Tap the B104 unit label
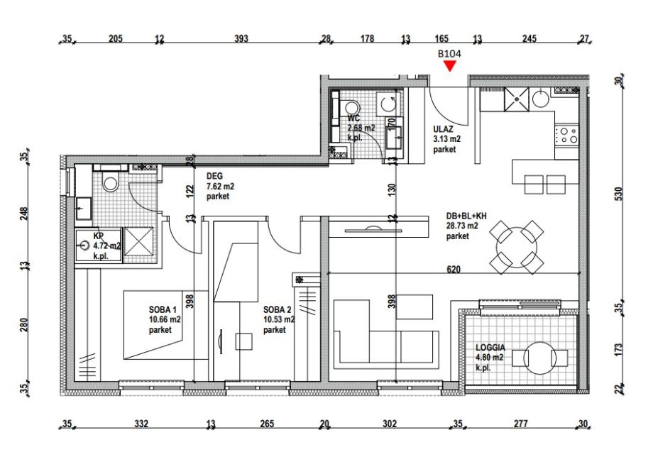click(x=449, y=54)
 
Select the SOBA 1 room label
click(x=163, y=309)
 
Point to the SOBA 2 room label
click(x=278, y=309)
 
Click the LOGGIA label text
click(x=490, y=348)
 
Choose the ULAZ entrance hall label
click(x=443, y=129)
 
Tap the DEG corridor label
click(x=214, y=177)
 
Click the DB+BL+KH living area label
click(x=466, y=216)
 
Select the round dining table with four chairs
click(x=517, y=247)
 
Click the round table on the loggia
click(x=539, y=358)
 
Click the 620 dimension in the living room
click(x=454, y=269)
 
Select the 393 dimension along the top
click(x=241, y=39)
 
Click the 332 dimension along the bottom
click(x=141, y=424)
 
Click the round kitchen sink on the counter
click(x=541, y=99)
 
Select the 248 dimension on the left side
click(x=24, y=214)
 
